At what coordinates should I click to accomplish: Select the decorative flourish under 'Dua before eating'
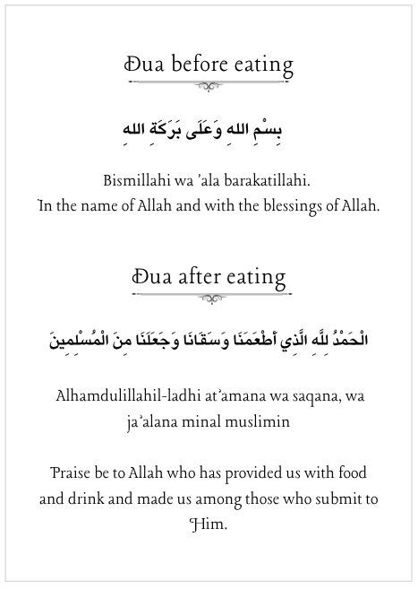click(209, 86)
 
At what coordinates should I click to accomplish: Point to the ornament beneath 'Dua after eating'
click(209, 298)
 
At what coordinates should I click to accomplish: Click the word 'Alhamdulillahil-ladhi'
click(124, 395)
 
